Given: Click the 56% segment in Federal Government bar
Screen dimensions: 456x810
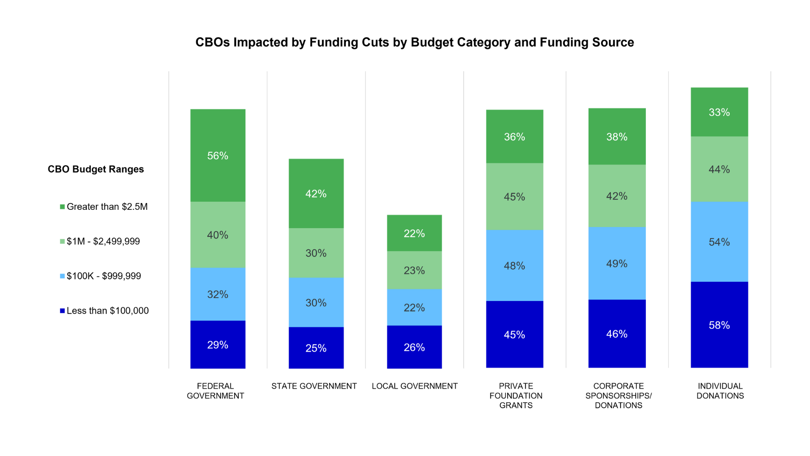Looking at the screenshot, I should coord(218,155).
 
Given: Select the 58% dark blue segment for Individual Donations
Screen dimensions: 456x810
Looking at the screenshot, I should coord(719,325).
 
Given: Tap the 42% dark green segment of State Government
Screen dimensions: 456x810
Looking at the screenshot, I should coord(316,193).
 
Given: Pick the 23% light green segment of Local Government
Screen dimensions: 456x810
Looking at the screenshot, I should coord(414,270).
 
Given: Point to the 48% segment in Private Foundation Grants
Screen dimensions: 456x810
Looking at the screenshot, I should coord(514,266).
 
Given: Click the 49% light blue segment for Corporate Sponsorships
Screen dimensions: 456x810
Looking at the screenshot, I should coord(617,263).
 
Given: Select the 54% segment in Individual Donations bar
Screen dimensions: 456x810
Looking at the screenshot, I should coord(719,242).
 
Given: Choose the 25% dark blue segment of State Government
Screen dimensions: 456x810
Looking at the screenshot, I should coord(316,348).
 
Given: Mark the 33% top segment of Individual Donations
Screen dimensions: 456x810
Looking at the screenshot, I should coord(719,112).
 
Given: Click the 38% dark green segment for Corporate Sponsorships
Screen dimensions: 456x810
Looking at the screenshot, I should coord(617,136).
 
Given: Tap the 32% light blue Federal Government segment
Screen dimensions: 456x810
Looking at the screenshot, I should coord(218,294).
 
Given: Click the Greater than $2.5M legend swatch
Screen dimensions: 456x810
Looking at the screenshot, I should coord(62,207).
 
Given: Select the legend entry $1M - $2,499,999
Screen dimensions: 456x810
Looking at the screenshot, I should coord(103,242).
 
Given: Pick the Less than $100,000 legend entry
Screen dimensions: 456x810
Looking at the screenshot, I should coord(107,311).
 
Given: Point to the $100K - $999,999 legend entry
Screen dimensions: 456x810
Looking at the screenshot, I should coord(103,276).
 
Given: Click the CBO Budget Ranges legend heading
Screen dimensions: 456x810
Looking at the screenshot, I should coord(96,169).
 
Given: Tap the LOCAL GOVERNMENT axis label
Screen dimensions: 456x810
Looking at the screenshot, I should coord(414,386).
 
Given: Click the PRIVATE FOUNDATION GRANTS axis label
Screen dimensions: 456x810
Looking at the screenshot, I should coord(516,396).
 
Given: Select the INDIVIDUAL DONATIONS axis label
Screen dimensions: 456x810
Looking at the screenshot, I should coord(720,391).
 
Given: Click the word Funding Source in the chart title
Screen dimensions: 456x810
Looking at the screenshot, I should coord(586,42).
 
